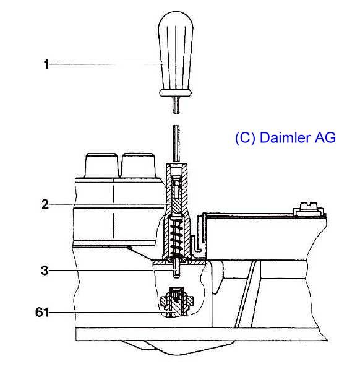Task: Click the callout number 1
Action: (46, 64)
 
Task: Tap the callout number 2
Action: (45, 204)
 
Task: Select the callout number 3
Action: (45, 271)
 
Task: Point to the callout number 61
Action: (42, 312)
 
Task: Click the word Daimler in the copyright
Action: (285, 137)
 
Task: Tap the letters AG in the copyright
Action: (325, 137)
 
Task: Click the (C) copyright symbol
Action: (245, 138)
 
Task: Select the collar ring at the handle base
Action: (176, 93)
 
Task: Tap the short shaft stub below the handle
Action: (176, 105)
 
